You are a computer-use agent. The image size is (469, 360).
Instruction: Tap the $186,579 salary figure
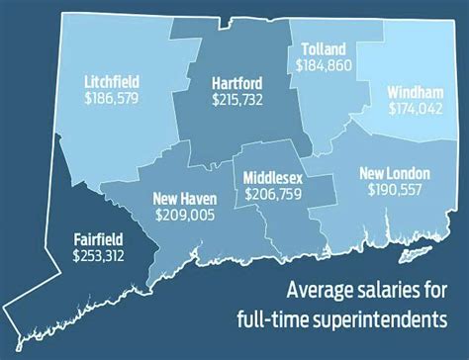point(112,100)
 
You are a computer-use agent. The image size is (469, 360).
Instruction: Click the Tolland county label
point(322,47)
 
